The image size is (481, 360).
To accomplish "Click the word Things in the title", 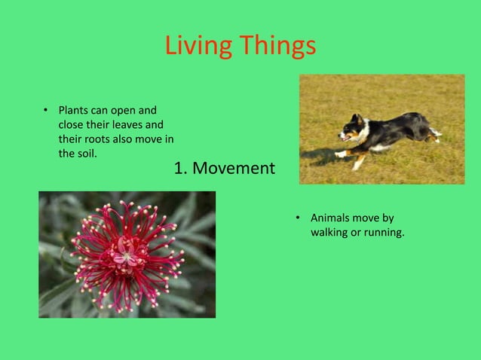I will coord(278,46).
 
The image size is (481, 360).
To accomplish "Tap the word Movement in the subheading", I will coord(234,168).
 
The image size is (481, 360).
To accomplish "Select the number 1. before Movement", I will coord(181,168).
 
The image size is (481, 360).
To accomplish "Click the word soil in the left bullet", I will coord(85,153).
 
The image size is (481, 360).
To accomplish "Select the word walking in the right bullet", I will coord(329,232).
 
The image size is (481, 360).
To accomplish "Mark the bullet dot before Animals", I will coord(298,218).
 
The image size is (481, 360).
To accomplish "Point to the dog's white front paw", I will coord(341,154).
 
